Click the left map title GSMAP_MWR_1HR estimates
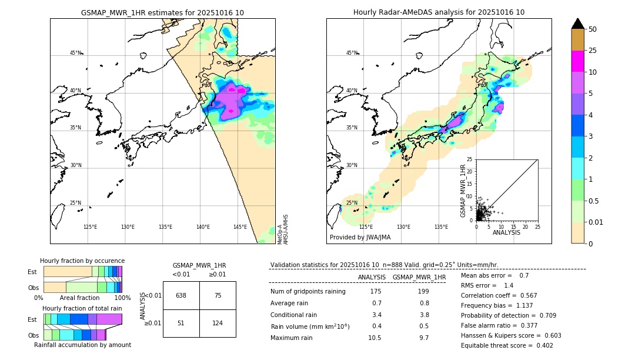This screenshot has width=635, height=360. pyautogui.click(x=162, y=12)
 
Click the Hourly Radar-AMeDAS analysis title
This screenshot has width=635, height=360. pyautogui.click(x=439, y=12)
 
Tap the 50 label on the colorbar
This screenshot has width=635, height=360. pyautogui.click(x=593, y=29)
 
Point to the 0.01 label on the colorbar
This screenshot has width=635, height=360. pyautogui.click(x=596, y=222)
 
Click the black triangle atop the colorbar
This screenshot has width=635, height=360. pyautogui.click(x=578, y=24)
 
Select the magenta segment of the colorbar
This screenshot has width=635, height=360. pyautogui.click(x=578, y=61)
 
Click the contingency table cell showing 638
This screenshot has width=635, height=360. pyautogui.click(x=181, y=295)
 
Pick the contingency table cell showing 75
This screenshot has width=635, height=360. pyautogui.click(x=218, y=295)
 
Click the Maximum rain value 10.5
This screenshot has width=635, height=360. pyautogui.click(x=375, y=338)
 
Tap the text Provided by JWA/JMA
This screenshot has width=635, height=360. pyautogui.click(x=360, y=237)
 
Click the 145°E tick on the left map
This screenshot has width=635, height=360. pyautogui.click(x=240, y=227)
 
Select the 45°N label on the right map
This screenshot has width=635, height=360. pyautogui.click(x=352, y=53)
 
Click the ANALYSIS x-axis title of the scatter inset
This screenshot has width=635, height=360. pyautogui.click(x=506, y=233)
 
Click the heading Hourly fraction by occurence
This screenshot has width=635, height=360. pyautogui.click(x=82, y=261)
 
